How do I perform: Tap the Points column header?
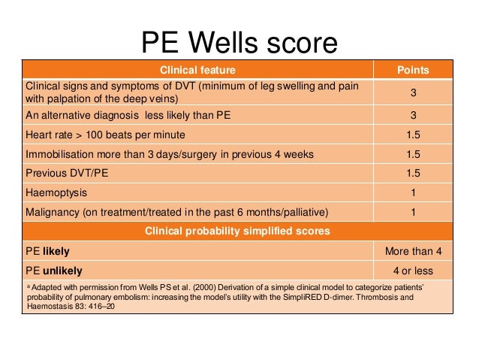click(x=412, y=70)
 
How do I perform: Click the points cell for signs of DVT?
click(x=412, y=94)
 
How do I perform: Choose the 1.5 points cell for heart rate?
click(x=412, y=135)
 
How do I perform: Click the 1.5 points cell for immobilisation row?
click(x=412, y=154)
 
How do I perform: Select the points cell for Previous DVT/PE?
click(x=412, y=173)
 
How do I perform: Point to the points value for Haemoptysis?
click(x=412, y=192)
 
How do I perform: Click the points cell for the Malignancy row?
click(x=412, y=211)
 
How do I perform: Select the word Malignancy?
click(x=53, y=211)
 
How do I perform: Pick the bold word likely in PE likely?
click(x=56, y=250)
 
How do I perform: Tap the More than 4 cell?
click(x=412, y=250)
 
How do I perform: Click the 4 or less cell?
click(x=412, y=270)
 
